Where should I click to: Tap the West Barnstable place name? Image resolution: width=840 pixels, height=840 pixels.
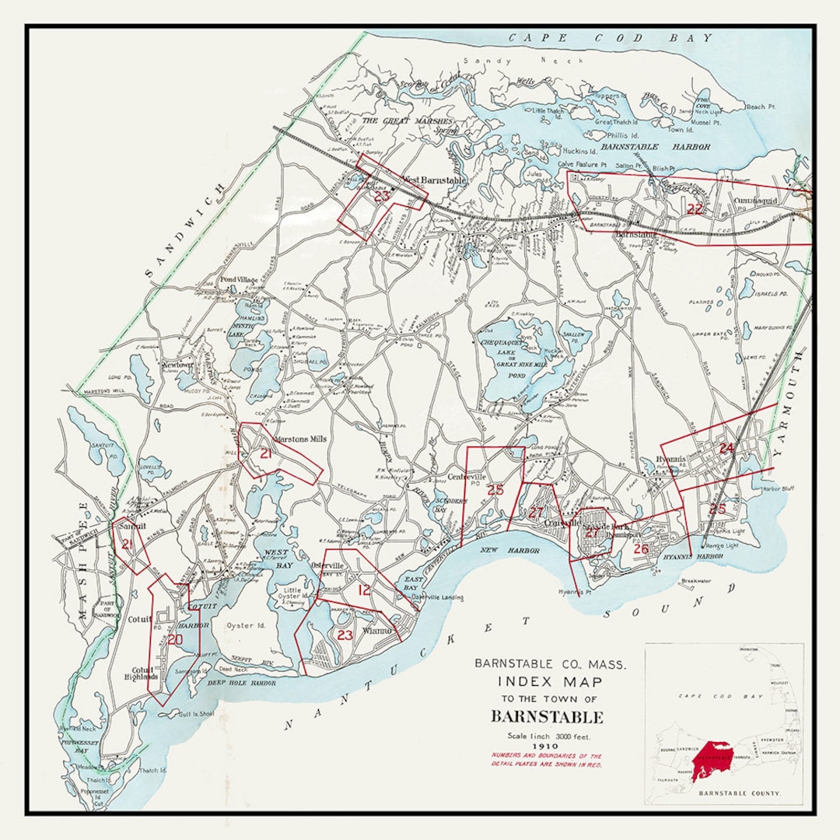433,180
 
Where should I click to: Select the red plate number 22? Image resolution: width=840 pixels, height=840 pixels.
695,208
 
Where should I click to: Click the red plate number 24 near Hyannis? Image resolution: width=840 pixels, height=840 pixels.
726,449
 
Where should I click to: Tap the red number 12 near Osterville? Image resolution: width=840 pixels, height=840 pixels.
364,590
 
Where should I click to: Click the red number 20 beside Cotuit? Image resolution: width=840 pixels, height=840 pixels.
175,639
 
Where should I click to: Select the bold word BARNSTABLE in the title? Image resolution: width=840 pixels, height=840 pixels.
547,717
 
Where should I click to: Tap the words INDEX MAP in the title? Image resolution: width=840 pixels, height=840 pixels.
550,681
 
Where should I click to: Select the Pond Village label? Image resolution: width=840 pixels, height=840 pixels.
238,280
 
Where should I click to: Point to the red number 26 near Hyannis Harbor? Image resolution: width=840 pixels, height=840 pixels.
642,549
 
